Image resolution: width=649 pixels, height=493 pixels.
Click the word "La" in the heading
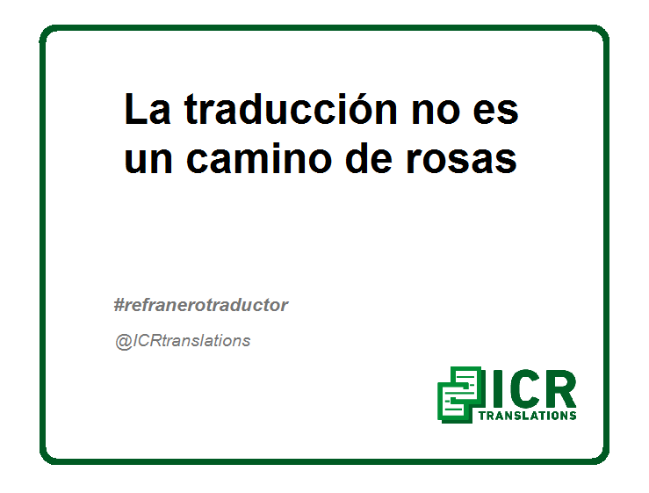pos(148,109)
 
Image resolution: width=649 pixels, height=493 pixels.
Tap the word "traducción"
pos(291,109)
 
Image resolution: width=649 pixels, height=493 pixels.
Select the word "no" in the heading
pos(436,112)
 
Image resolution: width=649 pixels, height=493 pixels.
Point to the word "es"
pos(495,112)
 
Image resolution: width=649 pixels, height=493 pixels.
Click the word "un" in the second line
pos(148,161)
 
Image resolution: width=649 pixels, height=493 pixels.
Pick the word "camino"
pos(259,157)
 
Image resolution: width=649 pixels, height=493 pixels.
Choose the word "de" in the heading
pos(368,157)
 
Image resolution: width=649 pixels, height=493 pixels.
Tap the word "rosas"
pos(461,161)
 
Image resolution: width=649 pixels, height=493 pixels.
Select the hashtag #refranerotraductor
pos(201,305)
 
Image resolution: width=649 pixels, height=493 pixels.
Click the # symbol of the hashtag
pos(119,305)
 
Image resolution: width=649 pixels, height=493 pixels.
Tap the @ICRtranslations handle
pos(183,341)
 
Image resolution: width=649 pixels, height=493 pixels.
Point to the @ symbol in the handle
pos(124,342)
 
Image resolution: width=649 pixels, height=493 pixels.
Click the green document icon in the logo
pos(460,395)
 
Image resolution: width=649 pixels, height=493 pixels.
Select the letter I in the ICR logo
pos(498,388)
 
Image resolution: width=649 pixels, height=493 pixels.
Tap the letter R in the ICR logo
pos(560,388)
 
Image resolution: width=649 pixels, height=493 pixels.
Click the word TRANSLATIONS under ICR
pos(527,416)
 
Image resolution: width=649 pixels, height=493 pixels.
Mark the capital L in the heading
pos(135,109)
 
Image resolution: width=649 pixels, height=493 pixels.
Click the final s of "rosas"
pos(506,161)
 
